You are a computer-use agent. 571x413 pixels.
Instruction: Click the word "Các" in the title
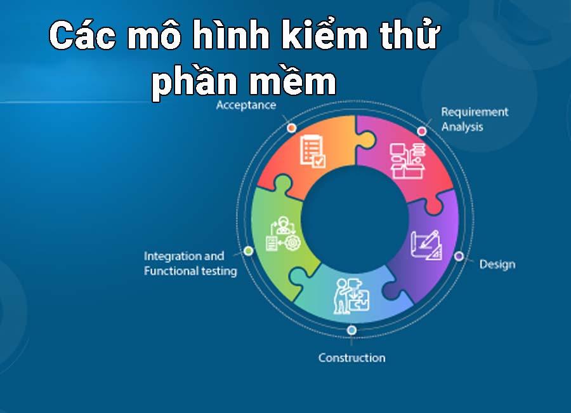pos(82,36)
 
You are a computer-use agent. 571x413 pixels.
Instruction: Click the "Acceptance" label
pos(246,105)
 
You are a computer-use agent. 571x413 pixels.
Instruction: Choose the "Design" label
pos(497,264)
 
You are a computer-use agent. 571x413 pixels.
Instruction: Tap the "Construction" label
pos(351,358)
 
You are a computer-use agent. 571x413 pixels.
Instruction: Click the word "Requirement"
pos(475,112)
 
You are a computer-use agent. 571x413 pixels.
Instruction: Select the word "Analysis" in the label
pos(462,127)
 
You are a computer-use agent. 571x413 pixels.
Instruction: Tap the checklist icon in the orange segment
pos(312,151)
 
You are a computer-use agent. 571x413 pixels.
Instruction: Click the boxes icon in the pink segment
pos(407,161)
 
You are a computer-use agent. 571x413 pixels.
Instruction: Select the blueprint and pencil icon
pos(426,245)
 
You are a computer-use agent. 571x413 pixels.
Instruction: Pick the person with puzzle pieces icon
pos(351,296)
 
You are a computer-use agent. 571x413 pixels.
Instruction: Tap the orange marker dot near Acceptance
pos(292,128)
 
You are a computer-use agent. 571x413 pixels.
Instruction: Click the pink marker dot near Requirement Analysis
pos(422,131)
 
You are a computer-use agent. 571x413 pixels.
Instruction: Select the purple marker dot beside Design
pos(459,256)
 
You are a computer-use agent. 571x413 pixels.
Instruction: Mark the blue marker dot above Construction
pos(351,330)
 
